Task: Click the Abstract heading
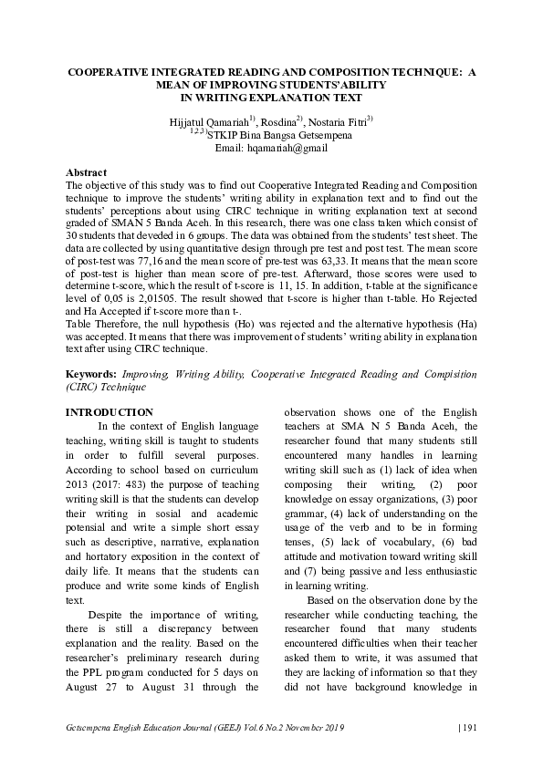[x=87, y=172]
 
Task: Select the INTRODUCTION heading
[x=110, y=412]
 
